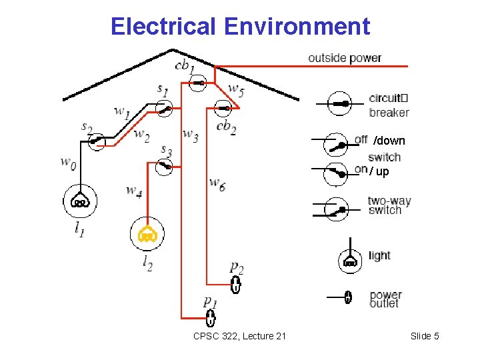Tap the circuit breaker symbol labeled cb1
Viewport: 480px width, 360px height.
(x=198, y=83)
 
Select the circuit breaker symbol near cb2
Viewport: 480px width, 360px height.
(x=223, y=107)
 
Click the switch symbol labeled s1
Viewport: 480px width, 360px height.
(x=163, y=108)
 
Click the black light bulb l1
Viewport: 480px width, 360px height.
(x=80, y=201)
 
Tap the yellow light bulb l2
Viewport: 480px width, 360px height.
(x=147, y=233)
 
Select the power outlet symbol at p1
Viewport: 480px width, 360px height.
(x=211, y=317)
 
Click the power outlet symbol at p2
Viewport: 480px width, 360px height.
(x=235, y=285)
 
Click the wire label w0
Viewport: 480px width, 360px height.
(x=68, y=162)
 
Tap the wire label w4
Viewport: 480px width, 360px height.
(x=134, y=191)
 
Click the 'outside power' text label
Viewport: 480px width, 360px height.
(x=345, y=58)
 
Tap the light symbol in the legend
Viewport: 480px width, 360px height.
(x=349, y=261)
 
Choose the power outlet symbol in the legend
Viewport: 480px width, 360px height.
(x=347, y=297)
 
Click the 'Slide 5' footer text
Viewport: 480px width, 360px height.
(x=425, y=336)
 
